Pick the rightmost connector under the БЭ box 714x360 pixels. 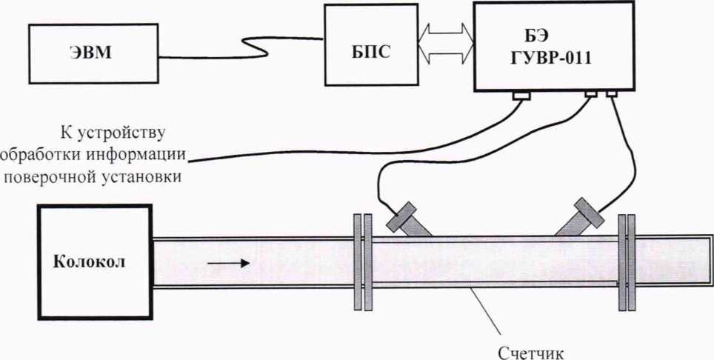tap(612, 94)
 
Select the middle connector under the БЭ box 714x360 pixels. tap(591, 94)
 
